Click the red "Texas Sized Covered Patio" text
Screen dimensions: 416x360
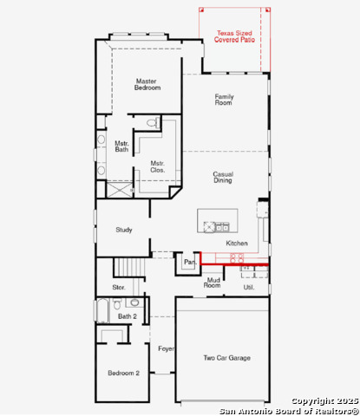click(233, 36)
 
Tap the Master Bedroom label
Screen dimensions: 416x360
click(145, 84)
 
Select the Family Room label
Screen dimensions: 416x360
click(224, 99)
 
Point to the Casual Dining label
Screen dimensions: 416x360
click(223, 178)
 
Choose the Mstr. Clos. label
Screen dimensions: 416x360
click(157, 166)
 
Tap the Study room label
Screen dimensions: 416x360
click(124, 230)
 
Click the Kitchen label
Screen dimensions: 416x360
click(237, 244)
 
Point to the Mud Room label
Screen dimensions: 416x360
click(212, 283)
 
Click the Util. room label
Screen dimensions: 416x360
click(248, 286)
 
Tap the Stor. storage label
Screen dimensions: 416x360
click(119, 287)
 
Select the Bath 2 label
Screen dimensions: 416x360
click(127, 316)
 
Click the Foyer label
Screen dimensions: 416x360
click(166, 348)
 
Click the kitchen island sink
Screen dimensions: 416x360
click(210, 226)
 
